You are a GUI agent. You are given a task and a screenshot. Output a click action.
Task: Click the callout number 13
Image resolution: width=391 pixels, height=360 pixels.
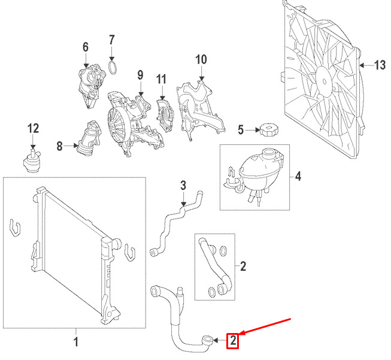pyautogui.click(x=380, y=66)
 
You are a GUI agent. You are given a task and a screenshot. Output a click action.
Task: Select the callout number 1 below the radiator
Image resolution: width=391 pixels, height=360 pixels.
pyautogui.click(x=76, y=342)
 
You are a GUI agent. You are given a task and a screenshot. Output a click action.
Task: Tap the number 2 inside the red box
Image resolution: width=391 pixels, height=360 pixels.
pyautogui.click(x=232, y=341)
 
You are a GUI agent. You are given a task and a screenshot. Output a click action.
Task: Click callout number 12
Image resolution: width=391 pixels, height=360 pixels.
pyautogui.click(x=32, y=128)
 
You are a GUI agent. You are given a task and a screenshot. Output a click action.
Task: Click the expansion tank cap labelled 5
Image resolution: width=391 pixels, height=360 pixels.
pyautogui.click(x=266, y=129)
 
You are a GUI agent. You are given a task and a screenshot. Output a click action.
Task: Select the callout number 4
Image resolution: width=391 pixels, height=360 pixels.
pyautogui.click(x=298, y=177)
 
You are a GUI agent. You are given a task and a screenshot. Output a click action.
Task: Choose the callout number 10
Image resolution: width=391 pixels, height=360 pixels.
pyautogui.click(x=201, y=59)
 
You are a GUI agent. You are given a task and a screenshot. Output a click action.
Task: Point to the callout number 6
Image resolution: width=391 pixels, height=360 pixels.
pyautogui.click(x=85, y=46)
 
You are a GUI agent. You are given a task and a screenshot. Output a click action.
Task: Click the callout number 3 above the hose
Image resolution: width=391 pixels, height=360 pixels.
pyautogui.click(x=184, y=186)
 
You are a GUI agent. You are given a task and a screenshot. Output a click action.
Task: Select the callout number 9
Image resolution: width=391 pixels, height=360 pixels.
pyautogui.click(x=140, y=75)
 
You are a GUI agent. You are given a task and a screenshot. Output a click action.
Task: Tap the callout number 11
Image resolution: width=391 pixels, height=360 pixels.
pyautogui.click(x=160, y=79)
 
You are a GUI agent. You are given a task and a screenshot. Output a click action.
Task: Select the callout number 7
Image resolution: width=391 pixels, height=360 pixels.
pyautogui.click(x=112, y=40)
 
